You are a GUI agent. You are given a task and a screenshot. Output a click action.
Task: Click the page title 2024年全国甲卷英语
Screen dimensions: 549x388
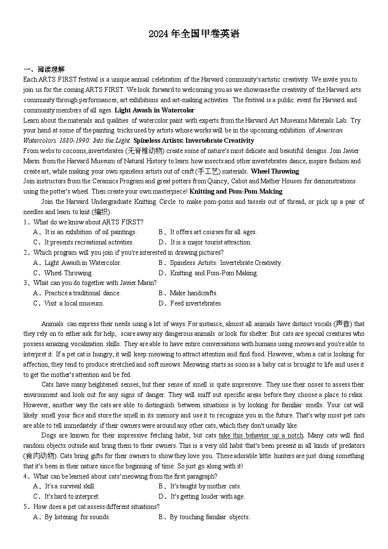click(194, 34)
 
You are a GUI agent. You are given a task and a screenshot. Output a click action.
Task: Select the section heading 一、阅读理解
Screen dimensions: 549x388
click(44, 69)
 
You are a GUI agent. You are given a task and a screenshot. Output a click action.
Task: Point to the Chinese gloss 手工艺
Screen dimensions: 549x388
click(208, 171)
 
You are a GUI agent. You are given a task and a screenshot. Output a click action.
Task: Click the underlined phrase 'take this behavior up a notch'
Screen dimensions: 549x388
click(261, 435)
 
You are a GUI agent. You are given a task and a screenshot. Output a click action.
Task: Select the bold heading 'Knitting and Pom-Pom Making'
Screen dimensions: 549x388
click(236, 191)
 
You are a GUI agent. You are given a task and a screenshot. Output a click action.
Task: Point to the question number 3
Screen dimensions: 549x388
click(25, 283)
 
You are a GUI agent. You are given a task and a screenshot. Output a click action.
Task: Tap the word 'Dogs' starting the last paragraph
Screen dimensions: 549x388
click(48, 435)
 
